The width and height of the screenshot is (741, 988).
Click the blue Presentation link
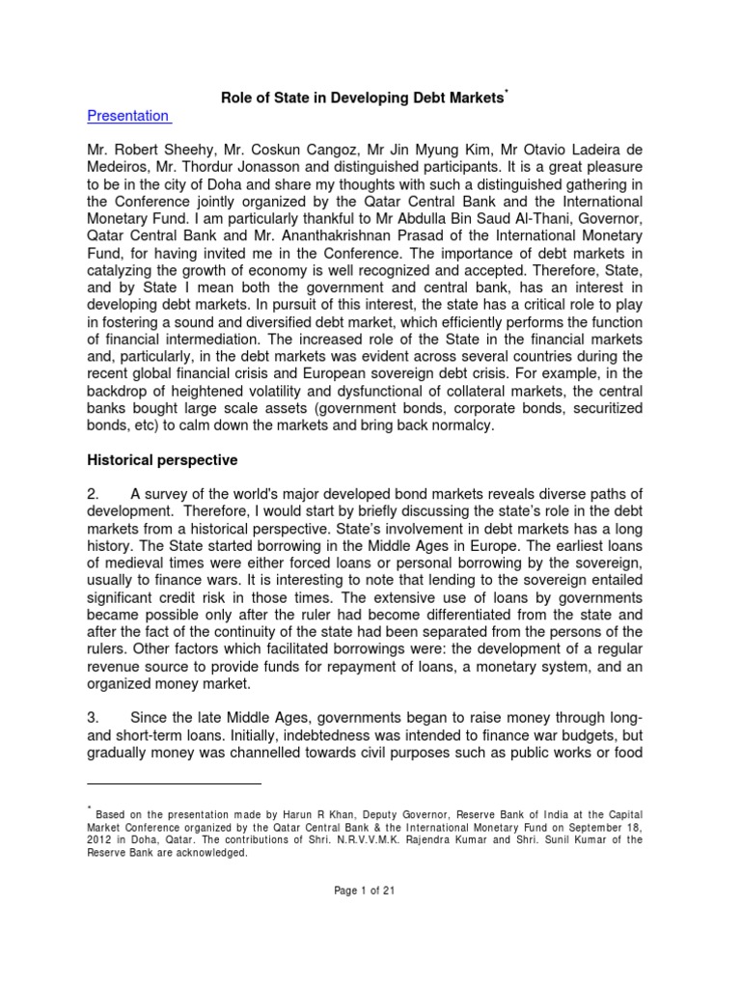[127, 116]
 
